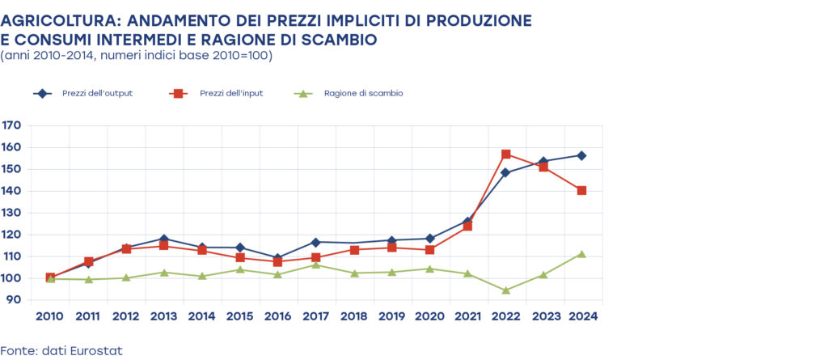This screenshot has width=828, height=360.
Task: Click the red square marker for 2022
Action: [506, 155]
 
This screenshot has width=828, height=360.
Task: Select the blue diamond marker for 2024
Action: [581, 155]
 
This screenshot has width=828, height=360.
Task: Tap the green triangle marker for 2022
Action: [506, 290]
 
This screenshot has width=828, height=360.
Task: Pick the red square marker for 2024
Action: [581, 190]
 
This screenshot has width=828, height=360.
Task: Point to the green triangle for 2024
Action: [581, 254]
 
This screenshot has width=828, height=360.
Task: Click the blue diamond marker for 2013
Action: [164, 239]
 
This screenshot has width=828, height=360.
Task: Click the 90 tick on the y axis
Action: [15, 300]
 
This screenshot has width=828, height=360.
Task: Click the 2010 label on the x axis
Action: [50, 316]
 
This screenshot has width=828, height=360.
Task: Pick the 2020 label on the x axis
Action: [430, 316]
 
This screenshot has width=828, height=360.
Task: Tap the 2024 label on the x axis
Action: [581, 316]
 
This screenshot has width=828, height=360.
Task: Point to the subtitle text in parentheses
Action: [137, 56]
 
